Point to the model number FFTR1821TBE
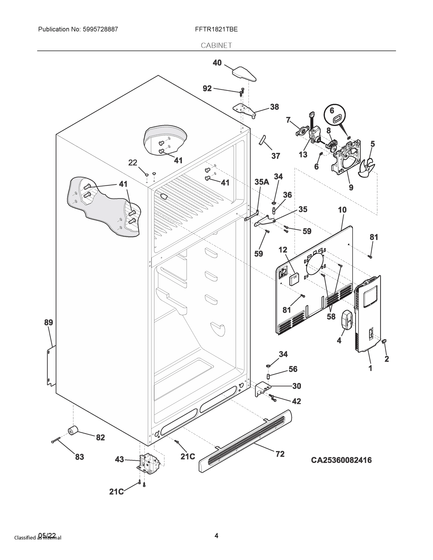(216, 29)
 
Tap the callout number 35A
(262, 182)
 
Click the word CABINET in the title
(216, 45)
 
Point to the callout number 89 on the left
(49, 322)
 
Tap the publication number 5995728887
(100, 29)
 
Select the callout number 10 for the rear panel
(342, 210)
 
